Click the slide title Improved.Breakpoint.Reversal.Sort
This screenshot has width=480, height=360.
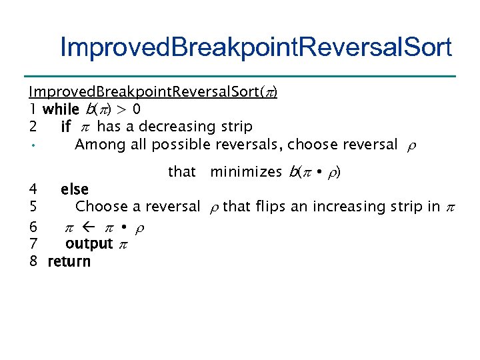(255, 47)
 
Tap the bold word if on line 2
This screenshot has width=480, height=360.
(65, 126)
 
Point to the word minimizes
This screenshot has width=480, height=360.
(246, 172)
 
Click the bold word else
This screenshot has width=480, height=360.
(74, 190)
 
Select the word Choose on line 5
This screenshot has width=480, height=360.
(100, 207)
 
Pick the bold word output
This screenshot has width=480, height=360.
(89, 244)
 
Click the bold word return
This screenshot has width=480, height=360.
(69, 261)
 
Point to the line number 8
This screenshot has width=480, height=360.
(33, 261)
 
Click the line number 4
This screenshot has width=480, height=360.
(33, 190)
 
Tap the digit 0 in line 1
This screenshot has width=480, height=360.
(136, 109)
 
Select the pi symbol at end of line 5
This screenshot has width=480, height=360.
(449, 208)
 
